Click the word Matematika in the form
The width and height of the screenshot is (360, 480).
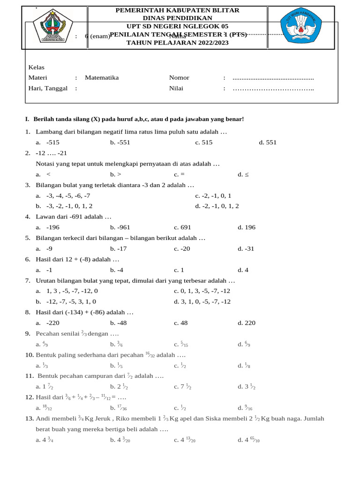(102, 78)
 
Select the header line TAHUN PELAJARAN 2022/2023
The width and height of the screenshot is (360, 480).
(178, 43)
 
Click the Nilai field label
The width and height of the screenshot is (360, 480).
(176, 88)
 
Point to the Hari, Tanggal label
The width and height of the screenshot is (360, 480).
(48, 88)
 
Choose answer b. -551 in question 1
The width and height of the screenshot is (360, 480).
(120, 142)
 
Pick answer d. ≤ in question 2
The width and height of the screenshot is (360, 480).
(243, 174)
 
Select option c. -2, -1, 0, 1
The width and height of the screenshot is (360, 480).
(213, 195)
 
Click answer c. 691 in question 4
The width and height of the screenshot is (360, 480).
(182, 227)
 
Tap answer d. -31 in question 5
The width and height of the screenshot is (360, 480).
(246, 249)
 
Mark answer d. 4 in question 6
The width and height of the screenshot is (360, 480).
(243, 270)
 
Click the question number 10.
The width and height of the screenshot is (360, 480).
(29, 355)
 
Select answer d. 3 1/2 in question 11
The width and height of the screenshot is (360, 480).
(246, 387)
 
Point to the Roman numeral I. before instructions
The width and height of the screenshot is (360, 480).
(27, 120)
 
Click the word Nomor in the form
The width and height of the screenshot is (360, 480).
(179, 78)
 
